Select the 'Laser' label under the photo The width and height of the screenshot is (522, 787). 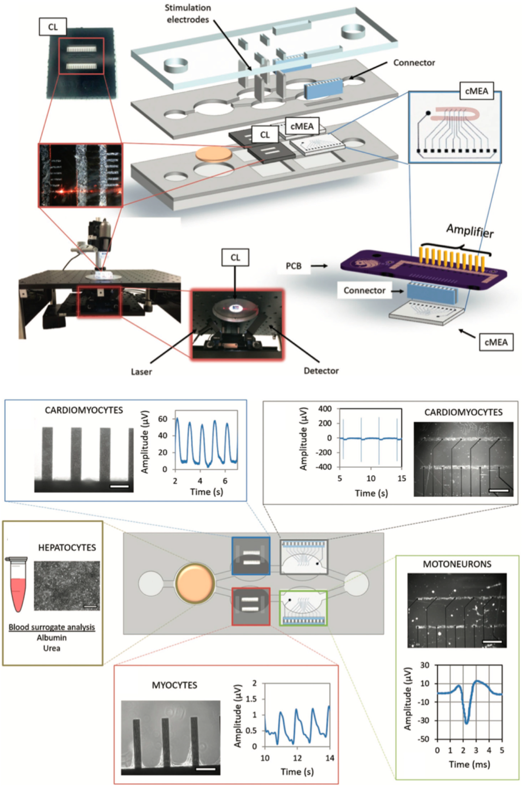point(141,371)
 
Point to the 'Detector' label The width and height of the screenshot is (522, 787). point(321,370)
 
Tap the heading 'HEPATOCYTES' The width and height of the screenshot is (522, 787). point(67,548)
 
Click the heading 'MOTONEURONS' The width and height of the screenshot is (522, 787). point(457,564)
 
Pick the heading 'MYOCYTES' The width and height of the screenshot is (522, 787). point(174,685)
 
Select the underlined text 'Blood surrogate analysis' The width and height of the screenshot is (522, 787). point(52,627)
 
